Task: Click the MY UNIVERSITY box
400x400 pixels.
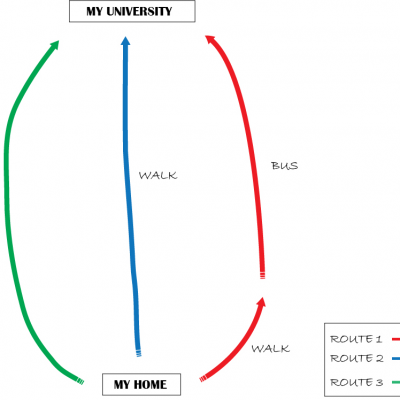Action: pos(132,11)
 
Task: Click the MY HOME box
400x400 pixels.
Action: pos(141,384)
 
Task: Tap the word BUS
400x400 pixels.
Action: pos(285,166)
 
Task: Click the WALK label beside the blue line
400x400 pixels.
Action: pos(158,175)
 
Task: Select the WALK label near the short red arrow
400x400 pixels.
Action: pos(270,349)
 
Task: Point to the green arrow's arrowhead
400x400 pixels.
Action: pos(53,46)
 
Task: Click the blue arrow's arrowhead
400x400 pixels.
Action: pos(125,41)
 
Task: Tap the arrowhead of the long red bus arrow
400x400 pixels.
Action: pos(211,40)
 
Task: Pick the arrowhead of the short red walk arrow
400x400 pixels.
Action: pos(261,302)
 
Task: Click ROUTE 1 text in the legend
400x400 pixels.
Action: pos(356,339)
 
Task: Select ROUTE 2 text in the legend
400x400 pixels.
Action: pos(357,359)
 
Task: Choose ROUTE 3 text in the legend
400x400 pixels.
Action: pos(357,382)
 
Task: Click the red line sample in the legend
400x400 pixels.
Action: pos(396,339)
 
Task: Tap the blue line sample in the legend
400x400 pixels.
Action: pos(396,359)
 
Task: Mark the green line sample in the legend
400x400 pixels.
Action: pos(396,382)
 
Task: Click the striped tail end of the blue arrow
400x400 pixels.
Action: pos(138,353)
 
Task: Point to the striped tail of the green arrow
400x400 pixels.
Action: pos(80,381)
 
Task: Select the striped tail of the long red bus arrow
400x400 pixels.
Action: pos(262,275)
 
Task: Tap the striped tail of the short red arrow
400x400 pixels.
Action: pos(203,378)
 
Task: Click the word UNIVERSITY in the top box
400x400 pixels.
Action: pos(139,11)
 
